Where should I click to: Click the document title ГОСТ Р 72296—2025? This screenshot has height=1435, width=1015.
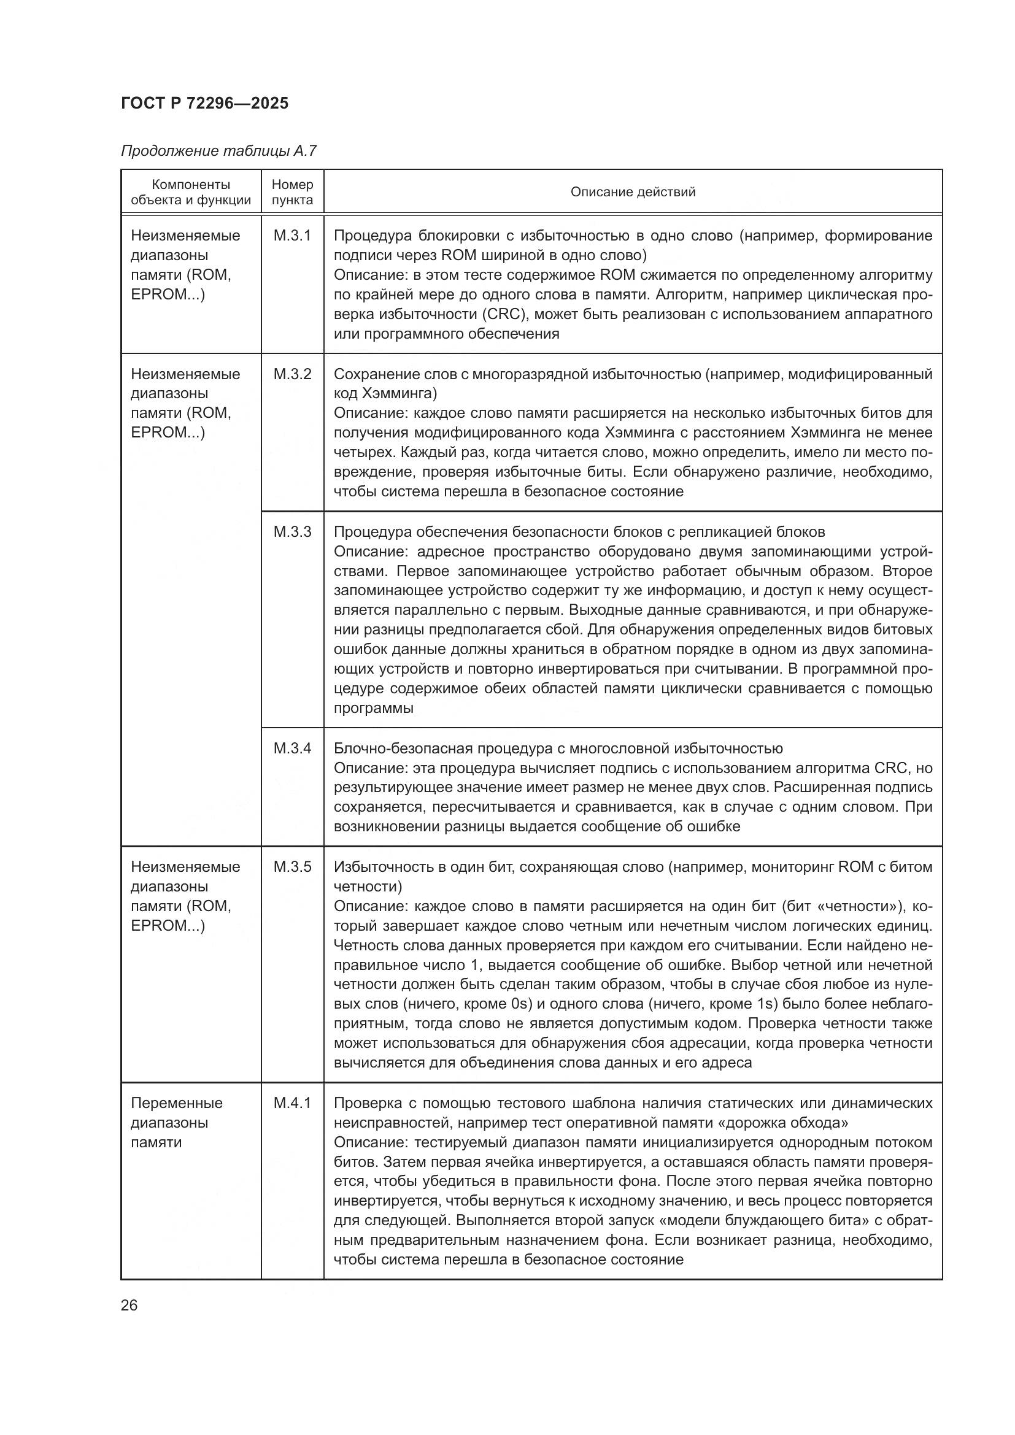204,103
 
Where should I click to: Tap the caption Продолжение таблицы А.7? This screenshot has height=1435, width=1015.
218,151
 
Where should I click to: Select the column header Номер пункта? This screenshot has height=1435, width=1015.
292,192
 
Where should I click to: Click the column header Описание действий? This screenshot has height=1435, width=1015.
633,192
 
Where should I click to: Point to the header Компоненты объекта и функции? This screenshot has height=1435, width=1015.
191,192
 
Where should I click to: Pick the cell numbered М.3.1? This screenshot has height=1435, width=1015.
292,236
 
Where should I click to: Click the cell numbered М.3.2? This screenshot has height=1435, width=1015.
292,374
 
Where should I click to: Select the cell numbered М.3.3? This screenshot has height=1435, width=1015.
292,531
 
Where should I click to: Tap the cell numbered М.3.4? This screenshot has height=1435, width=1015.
292,748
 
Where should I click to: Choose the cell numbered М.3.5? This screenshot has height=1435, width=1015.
292,866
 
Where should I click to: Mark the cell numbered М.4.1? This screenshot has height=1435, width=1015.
292,1102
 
